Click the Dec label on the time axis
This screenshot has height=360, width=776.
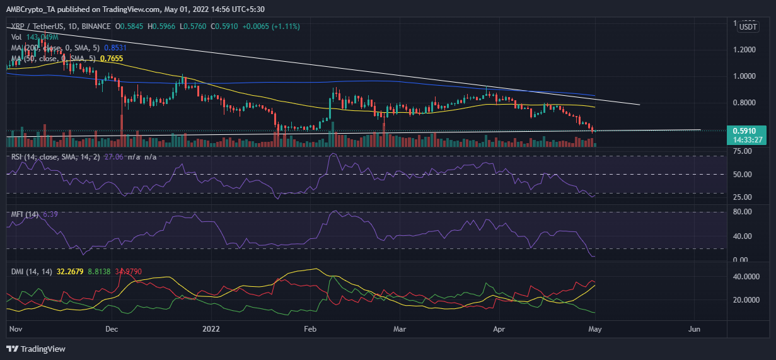click(x=112, y=328)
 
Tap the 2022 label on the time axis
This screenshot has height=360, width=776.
click(x=211, y=328)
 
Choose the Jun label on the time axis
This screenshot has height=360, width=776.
click(x=694, y=328)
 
